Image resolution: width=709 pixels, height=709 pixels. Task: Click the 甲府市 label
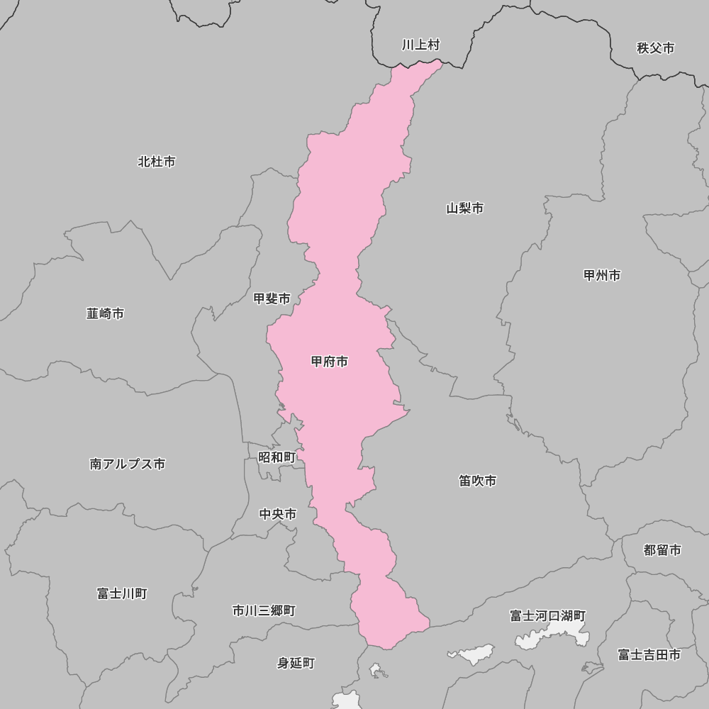click(x=330, y=362)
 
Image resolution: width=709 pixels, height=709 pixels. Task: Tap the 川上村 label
click(x=420, y=45)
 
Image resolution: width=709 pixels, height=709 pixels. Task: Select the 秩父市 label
click(x=655, y=48)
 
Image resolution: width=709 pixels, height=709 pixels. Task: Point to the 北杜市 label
click(x=157, y=162)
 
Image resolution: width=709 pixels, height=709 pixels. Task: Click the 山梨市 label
click(x=465, y=208)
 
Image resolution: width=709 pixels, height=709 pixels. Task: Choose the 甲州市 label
click(x=602, y=275)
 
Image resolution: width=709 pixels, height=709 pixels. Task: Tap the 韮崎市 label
click(x=105, y=313)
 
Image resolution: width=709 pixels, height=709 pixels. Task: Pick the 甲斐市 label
click(x=272, y=299)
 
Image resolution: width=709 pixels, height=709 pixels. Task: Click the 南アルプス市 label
click(x=128, y=464)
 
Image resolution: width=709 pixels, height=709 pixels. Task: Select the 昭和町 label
click(x=277, y=457)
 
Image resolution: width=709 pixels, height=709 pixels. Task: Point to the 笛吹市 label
click(x=477, y=481)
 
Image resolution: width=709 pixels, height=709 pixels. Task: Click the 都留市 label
click(x=662, y=550)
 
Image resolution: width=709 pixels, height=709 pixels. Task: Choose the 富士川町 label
click(x=122, y=593)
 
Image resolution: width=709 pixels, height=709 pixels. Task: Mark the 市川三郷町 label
click(x=264, y=610)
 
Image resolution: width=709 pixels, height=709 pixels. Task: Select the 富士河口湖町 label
click(x=548, y=616)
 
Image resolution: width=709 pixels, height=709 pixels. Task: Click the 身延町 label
click(x=296, y=664)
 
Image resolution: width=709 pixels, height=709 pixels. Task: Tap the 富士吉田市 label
click(x=649, y=655)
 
